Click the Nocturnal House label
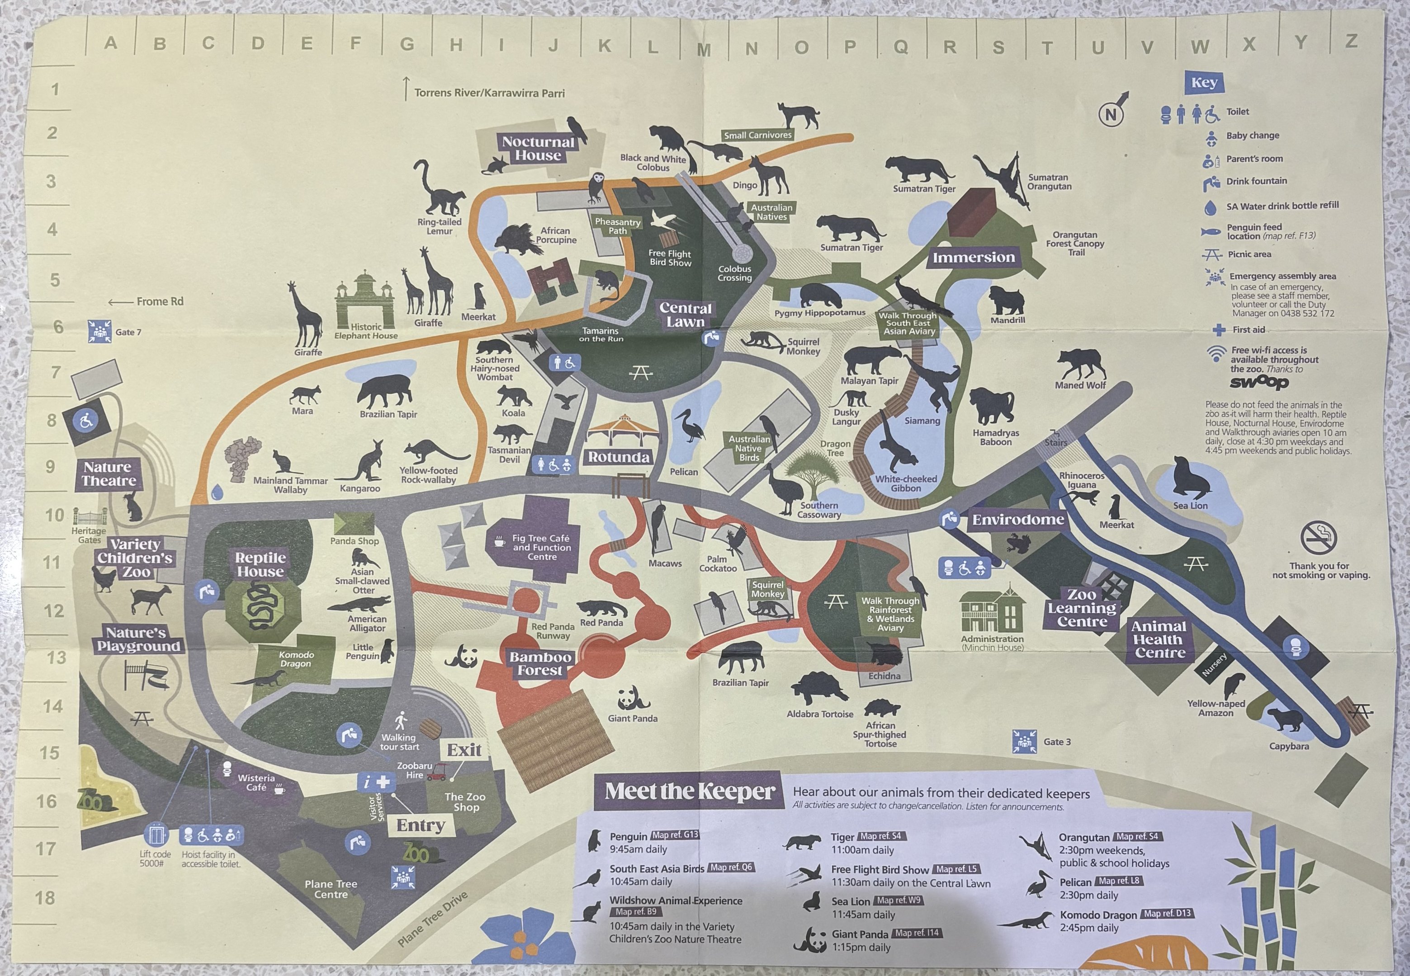538,149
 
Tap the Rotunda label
619,457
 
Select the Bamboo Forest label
540,663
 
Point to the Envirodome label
1018,520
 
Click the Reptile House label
261,564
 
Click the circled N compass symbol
1111,114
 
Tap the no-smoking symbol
1318,537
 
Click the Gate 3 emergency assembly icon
1024,741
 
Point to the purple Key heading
1204,83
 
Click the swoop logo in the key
1259,382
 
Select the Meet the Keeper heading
690,791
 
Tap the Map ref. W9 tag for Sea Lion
898,900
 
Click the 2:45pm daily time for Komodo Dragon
1089,928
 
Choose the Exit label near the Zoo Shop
464,750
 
